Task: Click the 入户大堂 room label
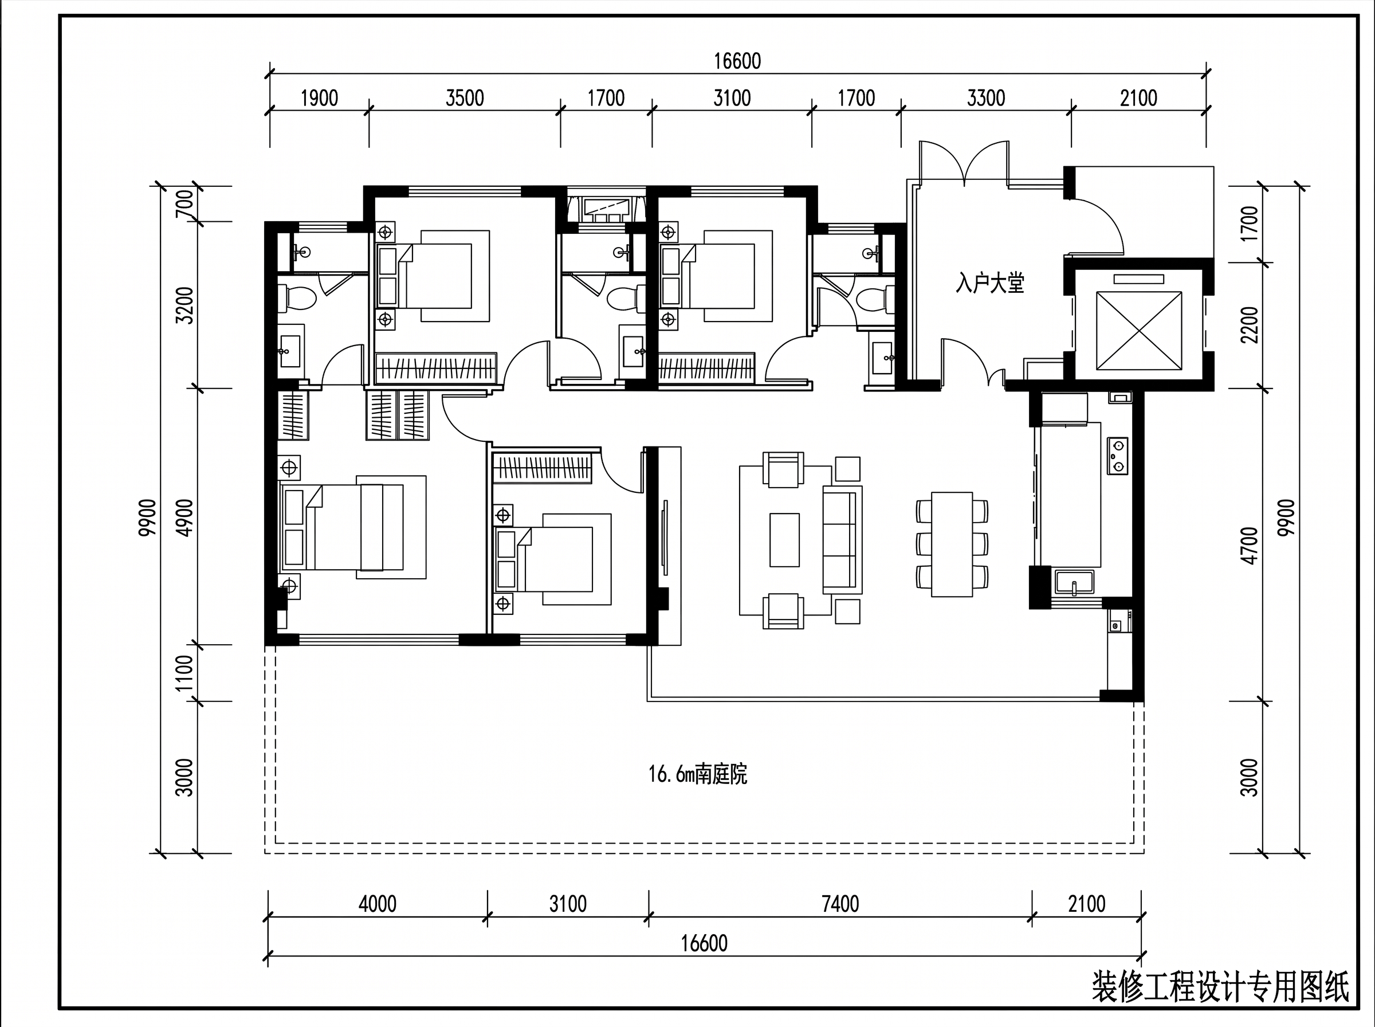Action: point(990,284)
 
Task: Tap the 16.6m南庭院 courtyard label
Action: point(698,775)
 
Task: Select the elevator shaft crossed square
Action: point(1139,330)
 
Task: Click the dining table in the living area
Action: point(952,544)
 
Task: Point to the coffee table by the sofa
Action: point(785,540)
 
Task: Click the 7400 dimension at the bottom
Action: point(840,904)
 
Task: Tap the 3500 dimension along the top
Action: point(465,98)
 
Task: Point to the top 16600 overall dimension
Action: point(737,61)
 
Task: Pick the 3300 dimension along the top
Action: point(986,98)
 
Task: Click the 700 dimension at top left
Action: point(184,204)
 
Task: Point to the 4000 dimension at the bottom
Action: point(377,904)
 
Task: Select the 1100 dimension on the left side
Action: point(184,673)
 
